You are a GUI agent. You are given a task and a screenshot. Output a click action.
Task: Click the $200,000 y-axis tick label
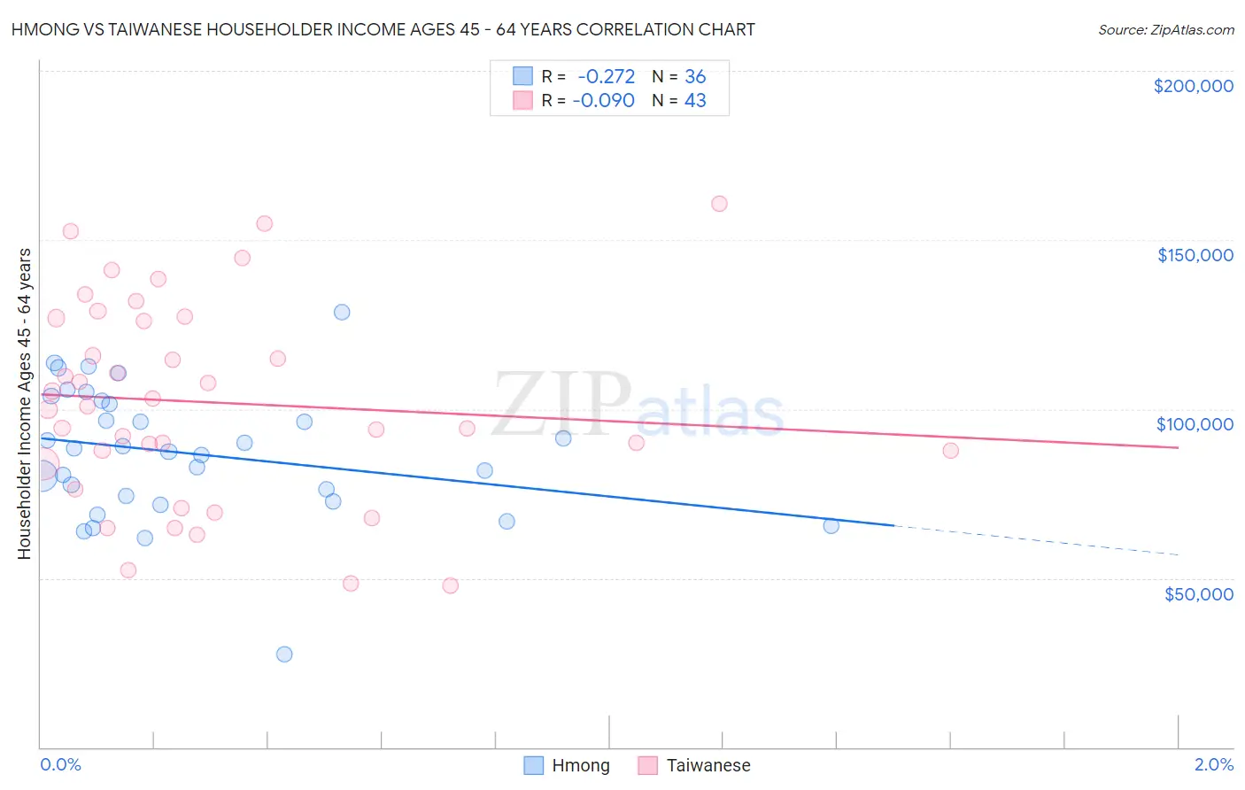pos(1193,86)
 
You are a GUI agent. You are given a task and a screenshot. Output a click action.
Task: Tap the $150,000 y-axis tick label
pos(1195,255)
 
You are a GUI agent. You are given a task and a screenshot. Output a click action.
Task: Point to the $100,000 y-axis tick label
pos(1195,424)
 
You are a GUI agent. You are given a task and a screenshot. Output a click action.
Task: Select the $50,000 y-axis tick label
pos(1198,593)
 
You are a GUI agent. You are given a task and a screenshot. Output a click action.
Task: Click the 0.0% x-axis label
pos(60,764)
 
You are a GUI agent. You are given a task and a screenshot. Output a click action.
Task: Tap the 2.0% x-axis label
pos(1213,764)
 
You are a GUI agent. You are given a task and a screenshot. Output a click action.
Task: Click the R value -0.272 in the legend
pos(606,77)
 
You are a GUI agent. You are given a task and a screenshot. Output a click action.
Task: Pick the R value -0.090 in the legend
pos(603,101)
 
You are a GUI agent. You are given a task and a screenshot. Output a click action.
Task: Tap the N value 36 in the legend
pos(695,77)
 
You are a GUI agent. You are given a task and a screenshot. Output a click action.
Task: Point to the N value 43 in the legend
pos(695,101)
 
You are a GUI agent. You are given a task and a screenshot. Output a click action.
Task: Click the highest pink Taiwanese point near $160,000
pos(719,204)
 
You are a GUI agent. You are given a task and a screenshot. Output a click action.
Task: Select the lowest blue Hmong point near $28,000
pos(284,654)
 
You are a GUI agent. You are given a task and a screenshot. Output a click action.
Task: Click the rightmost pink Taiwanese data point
pos(950,450)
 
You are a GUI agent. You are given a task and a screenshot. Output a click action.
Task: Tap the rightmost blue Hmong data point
pos(831,525)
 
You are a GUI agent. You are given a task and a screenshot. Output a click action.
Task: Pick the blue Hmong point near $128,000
pos(342,312)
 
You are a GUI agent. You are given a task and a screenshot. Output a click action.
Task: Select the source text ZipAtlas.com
pos(1192,30)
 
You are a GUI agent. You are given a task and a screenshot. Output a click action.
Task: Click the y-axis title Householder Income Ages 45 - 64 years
pos(25,404)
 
